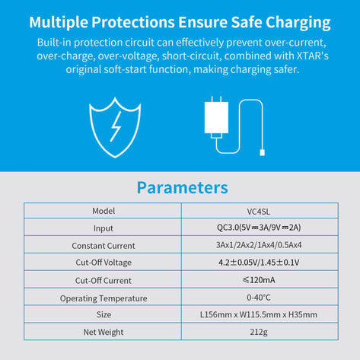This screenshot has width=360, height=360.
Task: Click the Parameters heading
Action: click(182, 188)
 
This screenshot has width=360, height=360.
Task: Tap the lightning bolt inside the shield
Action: click(116, 126)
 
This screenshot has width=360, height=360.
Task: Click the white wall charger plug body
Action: click(216, 117)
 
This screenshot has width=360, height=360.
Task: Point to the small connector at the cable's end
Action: click(263, 152)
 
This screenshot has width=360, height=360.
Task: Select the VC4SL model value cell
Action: click(260, 211)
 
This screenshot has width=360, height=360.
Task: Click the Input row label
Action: click(104, 228)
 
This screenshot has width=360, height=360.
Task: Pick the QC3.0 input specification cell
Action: click(260, 227)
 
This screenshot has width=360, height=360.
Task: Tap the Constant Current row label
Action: click(104, 246)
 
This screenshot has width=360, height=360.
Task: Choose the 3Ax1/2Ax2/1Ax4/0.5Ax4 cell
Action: click(260, 245)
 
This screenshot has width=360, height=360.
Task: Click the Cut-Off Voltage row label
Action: click(104, 263)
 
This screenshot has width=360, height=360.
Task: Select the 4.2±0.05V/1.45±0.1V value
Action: click(259, 263)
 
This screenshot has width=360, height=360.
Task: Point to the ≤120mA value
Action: click(259, 280)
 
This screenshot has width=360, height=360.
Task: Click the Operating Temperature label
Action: click(104, 298)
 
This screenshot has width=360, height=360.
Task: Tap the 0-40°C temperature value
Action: click(259, 297)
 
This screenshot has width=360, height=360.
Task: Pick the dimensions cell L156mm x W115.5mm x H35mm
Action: click(260, 314)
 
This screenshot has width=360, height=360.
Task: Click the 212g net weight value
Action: click(259, 332)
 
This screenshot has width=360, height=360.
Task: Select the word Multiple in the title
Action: click(59, 22)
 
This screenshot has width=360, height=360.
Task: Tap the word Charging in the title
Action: click(298, 23)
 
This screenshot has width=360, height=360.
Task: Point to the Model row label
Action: click(104, 211)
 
